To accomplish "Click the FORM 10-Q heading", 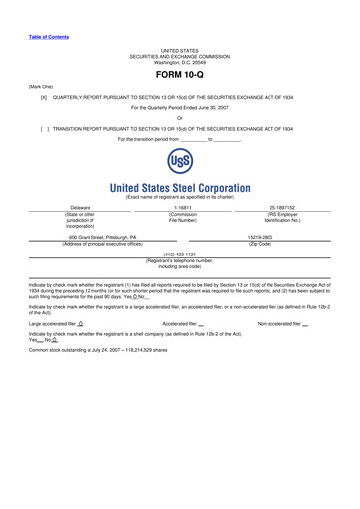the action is [x=180, y=75].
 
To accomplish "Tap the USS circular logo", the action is [x=179, y=164].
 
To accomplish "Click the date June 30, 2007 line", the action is [x=180, y=108].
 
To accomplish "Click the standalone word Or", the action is [x=180, y=119].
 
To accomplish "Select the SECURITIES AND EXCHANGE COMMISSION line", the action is [x=180, y=55].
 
